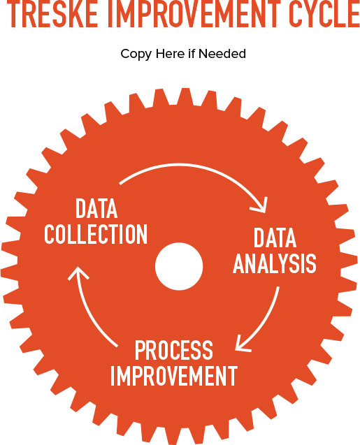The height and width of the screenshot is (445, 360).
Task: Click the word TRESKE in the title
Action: click(52, 14)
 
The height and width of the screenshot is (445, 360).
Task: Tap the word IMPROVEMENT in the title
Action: click(193, 14)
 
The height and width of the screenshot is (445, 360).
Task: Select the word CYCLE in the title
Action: click(324, 14)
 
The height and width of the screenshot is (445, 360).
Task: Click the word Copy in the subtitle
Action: click(136, 54)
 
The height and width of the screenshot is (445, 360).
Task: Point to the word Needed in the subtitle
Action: click(222, 54)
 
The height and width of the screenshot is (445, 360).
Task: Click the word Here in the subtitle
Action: click(170, 54)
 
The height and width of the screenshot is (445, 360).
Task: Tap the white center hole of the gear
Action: click(179, 266)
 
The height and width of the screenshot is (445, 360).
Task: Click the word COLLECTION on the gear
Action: click(96, 234)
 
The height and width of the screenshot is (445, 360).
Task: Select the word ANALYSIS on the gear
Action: click(275, 263)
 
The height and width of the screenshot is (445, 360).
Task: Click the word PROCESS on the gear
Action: click(174, 350)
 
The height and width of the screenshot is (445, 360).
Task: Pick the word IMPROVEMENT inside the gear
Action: click(174, 375)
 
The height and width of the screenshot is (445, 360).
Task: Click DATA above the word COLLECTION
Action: click(96, 209)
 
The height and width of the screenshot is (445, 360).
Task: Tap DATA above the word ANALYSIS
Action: click(275, 238)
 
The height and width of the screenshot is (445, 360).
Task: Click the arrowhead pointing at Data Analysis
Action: click(261, 207)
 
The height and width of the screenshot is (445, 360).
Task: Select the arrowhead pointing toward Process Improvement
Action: click(240, 346)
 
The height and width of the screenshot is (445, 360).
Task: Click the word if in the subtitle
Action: click(191, 54)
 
